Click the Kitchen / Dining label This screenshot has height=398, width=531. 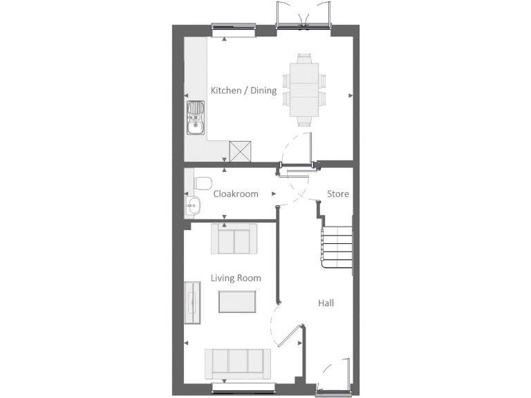tap(243, 91)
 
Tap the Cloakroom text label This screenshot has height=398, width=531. tap(236, 194)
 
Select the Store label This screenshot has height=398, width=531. tap(338, 194)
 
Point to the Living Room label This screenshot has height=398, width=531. tap(236, 278)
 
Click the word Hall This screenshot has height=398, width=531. tap(326, 303)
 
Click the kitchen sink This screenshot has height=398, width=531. tap(196, 118)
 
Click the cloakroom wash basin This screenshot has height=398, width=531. tap(192, 205)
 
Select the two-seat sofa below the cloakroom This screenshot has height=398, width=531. tap(234, 239)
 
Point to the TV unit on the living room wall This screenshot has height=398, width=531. tap(192, 303)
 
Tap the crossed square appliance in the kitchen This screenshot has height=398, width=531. tap(240, 150)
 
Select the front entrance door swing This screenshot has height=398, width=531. tap(335, 377)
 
